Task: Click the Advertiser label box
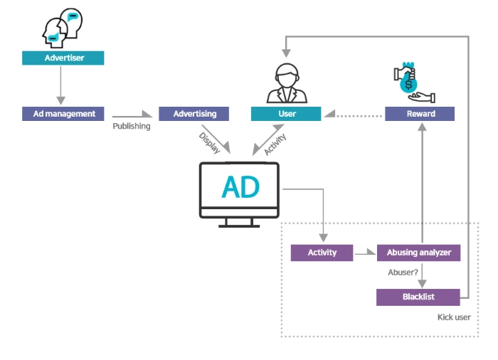point(63,58)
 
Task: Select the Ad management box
point(64,114)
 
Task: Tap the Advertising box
point(194,114)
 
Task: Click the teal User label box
point(286,114)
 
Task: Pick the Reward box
point(420,114)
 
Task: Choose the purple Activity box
point(322,253)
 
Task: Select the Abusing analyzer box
point(418,253)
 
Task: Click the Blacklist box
point(418,297)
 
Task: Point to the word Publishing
point(132,127)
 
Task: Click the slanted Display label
point(208,142)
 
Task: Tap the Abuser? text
point(403,272)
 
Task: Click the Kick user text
point(454,317)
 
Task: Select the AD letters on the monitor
point(240,187)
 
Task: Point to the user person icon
point(286,83)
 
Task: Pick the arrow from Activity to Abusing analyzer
point(366,253)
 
